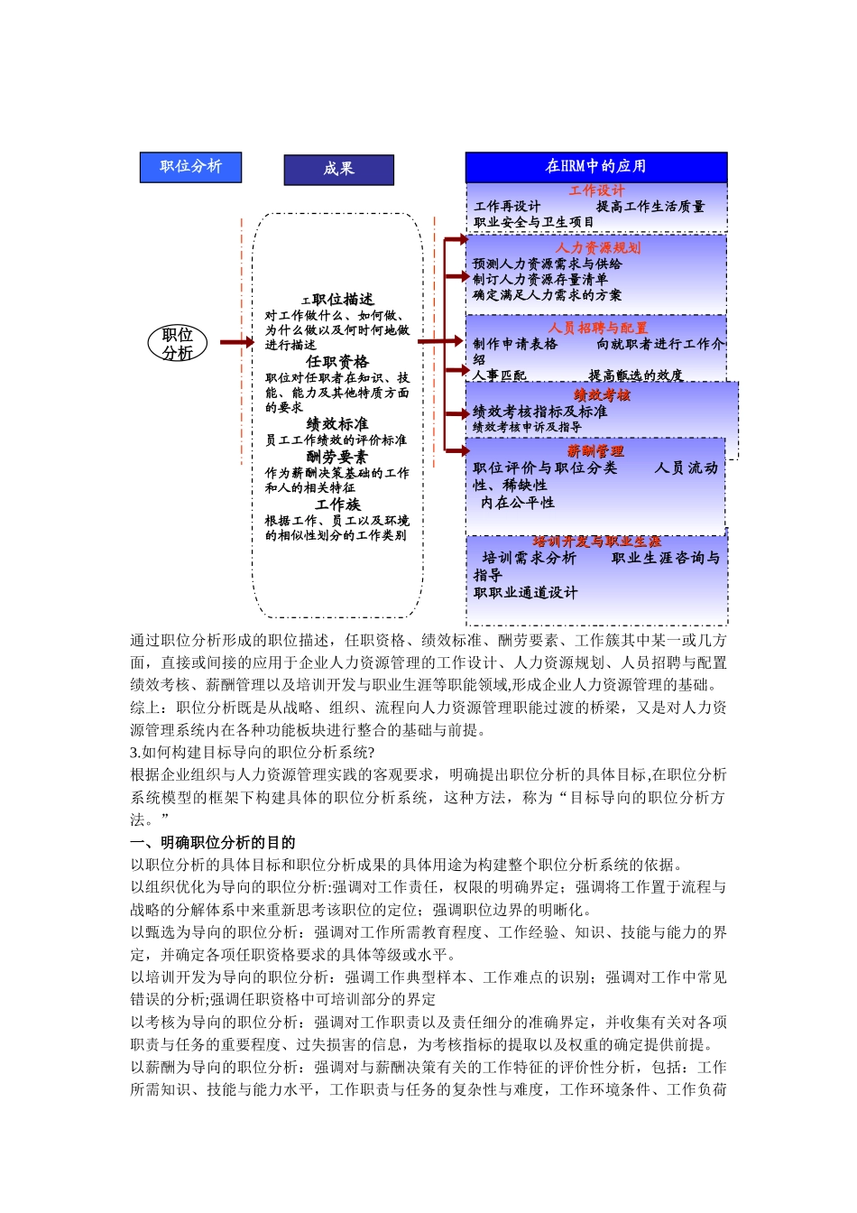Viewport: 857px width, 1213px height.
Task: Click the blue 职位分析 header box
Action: click(190, 167)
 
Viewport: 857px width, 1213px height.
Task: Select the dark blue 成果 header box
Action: click(338, 170)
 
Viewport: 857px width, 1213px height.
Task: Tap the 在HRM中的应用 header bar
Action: click(595, 166)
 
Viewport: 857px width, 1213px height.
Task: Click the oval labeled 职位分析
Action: click(178, 343)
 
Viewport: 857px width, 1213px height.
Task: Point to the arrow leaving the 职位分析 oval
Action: click(235, 342)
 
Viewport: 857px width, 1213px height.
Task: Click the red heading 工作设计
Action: click(596, 190)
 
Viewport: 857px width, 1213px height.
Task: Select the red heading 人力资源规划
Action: click(597, 247)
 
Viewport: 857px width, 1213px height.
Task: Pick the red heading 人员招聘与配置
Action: click(597, 328)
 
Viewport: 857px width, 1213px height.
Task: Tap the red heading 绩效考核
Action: click(602, 395)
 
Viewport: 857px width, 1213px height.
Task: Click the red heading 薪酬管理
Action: click(595, 451)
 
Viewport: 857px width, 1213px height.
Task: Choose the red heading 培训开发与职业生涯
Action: click(596, 542)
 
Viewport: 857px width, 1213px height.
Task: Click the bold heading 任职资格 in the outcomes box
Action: click(337, 362)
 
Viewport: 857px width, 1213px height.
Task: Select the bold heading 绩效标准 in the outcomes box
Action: click(337, 424)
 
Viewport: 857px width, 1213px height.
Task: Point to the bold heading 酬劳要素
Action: click(337, 458)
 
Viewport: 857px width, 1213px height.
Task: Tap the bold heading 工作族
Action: click(337, 505)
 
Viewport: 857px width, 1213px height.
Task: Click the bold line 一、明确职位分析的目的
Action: click(213, 842)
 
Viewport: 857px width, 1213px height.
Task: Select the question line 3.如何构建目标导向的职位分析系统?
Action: click(253, 752)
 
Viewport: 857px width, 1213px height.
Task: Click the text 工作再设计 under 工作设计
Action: click(507, 207)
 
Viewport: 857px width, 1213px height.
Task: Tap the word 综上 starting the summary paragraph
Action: click(145, 708)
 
